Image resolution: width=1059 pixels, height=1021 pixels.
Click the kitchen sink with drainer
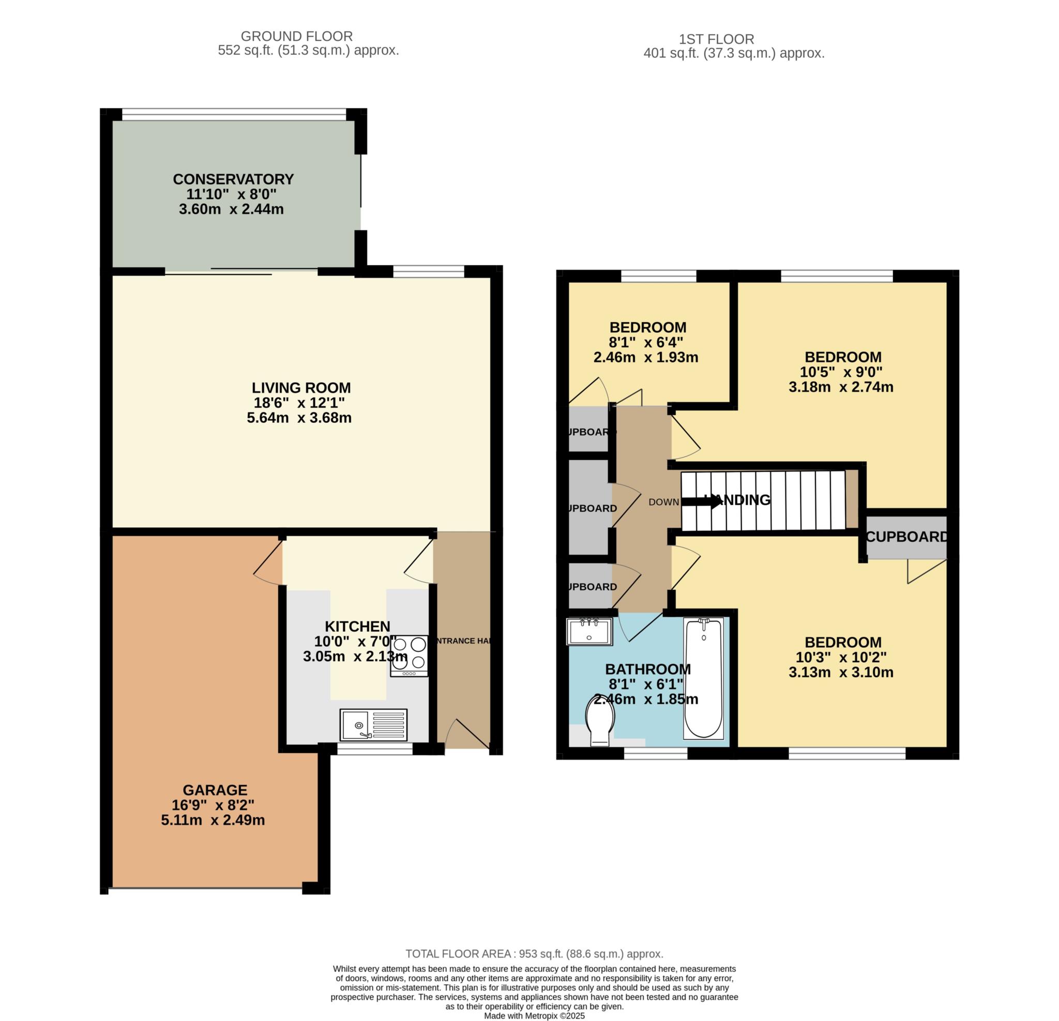point(373,725)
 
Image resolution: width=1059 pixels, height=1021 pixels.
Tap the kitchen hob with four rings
point(409,656)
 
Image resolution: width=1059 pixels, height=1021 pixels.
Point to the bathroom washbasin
point(589,632)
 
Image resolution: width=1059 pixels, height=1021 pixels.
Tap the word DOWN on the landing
point(663,502)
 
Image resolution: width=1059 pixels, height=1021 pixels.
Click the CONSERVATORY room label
point(233,179)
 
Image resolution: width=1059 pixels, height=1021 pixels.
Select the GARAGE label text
point(215,790)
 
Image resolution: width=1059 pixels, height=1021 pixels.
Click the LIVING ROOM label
point(301,387)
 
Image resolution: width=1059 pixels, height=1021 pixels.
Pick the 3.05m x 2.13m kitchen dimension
point(355,657)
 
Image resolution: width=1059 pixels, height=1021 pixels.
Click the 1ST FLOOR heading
point(717,39)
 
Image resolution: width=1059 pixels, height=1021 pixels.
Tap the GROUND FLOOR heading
point(297,36)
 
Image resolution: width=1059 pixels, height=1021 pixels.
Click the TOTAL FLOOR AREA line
point(534,953)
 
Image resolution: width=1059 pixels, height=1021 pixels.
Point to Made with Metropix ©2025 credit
point(534,1016)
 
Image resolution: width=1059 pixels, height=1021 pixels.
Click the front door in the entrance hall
point(467,733)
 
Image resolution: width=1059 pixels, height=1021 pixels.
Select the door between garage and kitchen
point(268,562)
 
